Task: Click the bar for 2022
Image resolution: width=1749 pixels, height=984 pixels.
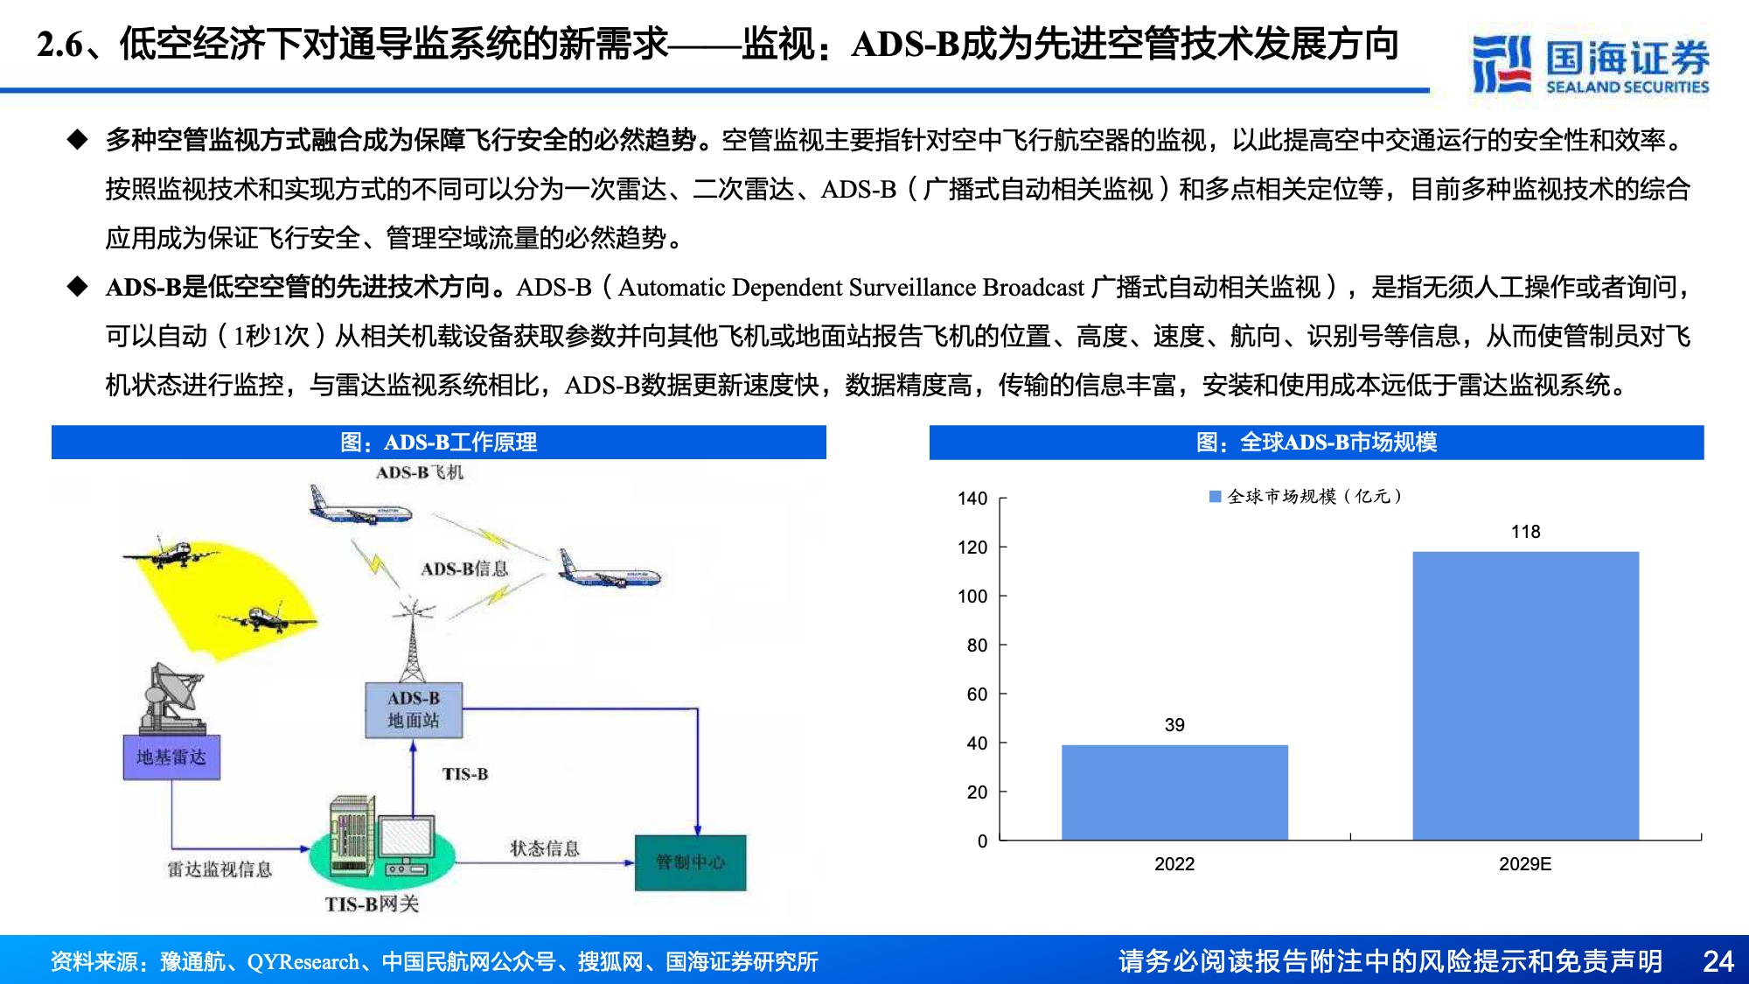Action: point(1174,792)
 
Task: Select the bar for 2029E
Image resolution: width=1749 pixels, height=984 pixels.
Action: point(1526,696)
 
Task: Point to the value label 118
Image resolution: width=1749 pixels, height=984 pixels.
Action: point(1526,532)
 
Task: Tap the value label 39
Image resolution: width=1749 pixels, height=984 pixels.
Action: point(1174,725)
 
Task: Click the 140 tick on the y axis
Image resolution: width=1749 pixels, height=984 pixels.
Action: point(972,499)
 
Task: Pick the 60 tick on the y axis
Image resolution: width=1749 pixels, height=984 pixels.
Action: point(977,694)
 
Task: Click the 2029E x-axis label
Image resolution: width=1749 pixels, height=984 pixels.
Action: point(1525,864)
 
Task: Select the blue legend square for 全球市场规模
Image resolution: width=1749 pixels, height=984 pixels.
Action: point(1215,497)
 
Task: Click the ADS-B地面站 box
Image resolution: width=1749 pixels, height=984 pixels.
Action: point(414,709)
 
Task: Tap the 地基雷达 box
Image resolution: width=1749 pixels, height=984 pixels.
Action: point(171,757)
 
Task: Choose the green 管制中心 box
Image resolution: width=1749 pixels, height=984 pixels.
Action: point(691,862)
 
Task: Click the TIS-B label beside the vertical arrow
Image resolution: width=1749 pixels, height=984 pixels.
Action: point(465,774)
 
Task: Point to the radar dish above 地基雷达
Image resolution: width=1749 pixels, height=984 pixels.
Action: point(175,697)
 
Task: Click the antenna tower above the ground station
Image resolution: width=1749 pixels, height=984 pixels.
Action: point(413,639)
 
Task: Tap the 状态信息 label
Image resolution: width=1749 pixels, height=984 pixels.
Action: point(545,848)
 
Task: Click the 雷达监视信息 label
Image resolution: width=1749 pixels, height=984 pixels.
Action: point(219,869)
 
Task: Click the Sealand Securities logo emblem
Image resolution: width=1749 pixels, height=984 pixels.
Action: point(1502,64)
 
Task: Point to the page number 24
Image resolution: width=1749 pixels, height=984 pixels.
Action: point(1718,961)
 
